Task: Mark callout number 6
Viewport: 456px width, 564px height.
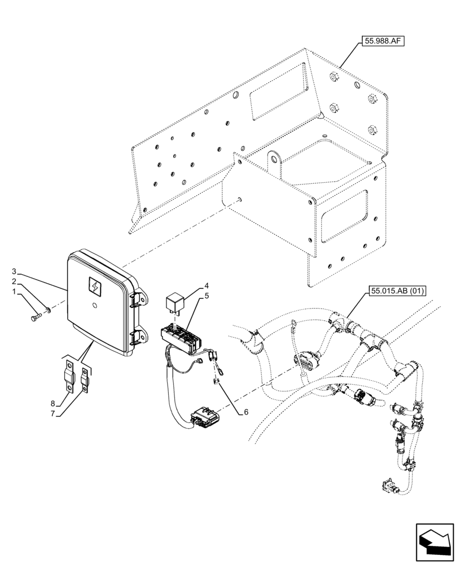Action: [x=245, y=412]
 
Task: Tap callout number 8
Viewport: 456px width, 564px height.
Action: [x=53, y=403]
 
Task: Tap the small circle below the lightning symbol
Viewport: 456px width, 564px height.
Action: [x=95, y=307]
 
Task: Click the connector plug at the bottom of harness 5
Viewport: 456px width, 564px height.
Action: [x=202, y=418]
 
